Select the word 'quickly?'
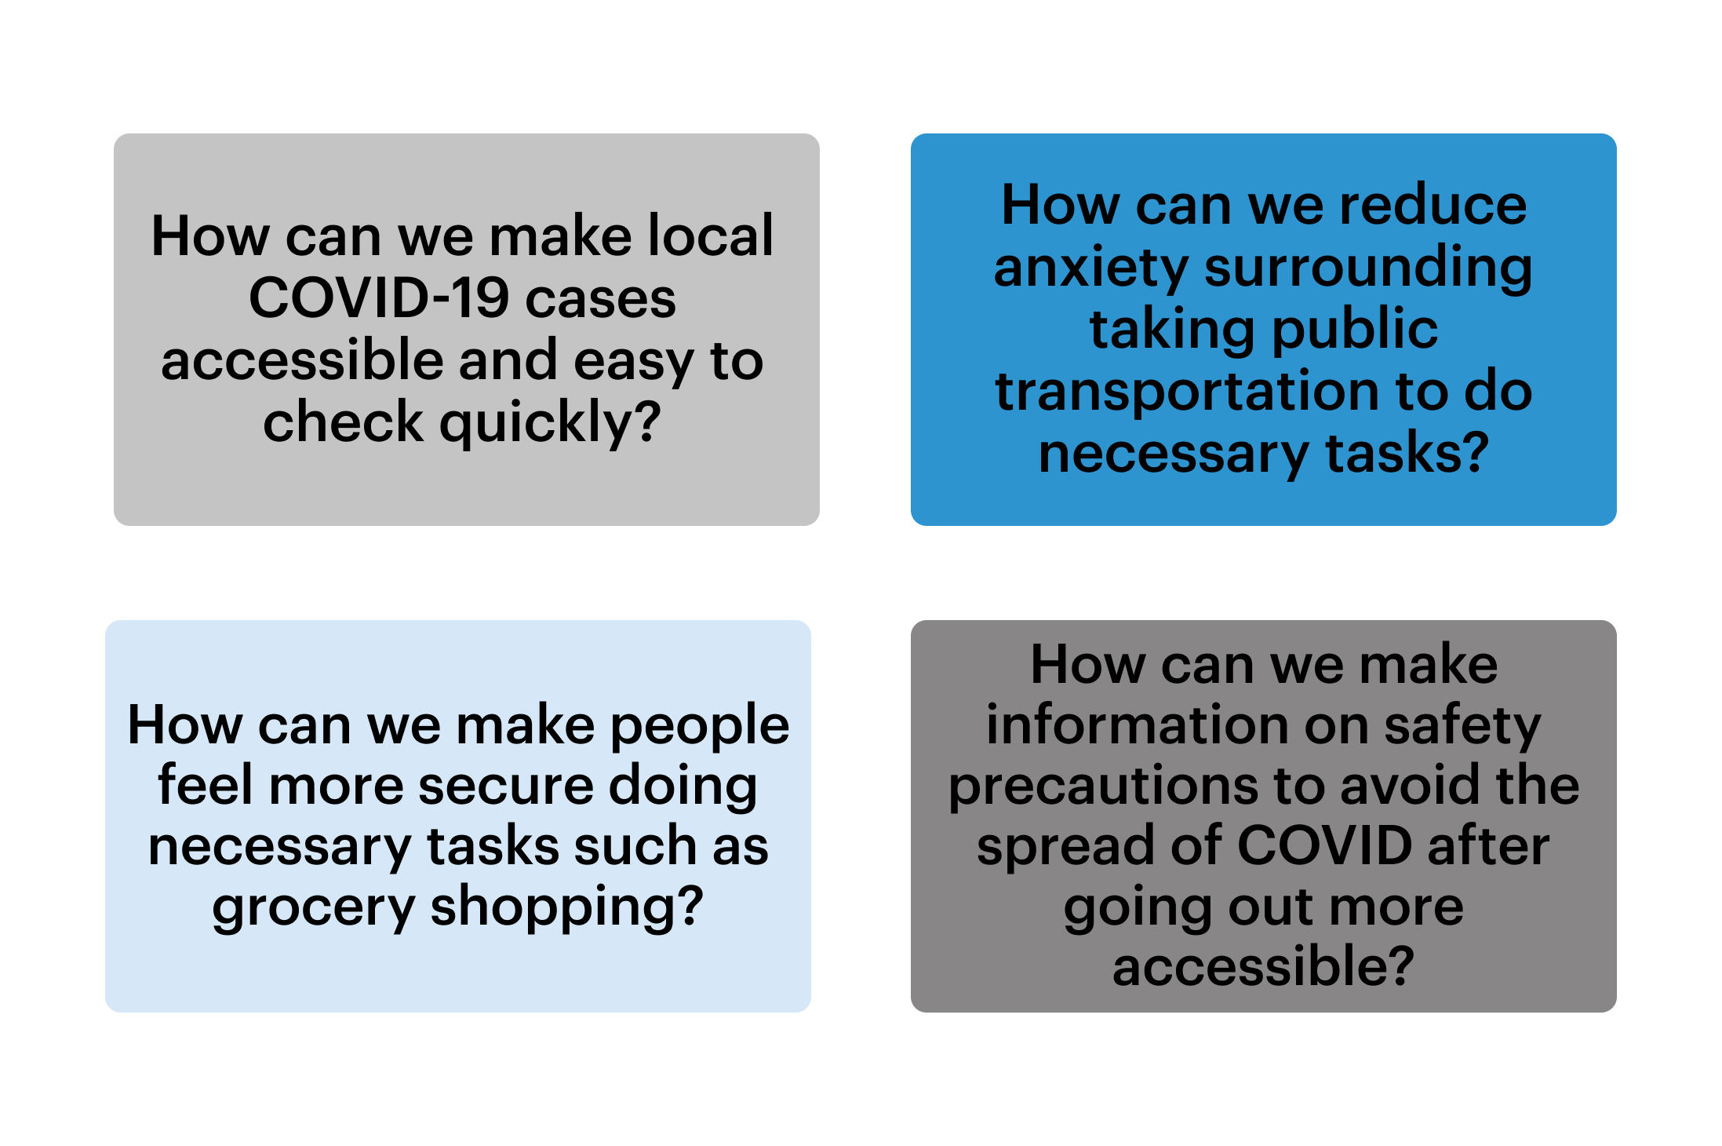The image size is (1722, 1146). pos(550,424)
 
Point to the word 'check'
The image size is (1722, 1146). pos(343,422)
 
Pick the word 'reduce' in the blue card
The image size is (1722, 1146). pos(1433,206)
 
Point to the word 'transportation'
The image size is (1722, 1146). pos(1186,392)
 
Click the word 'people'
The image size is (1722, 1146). pos(700,726)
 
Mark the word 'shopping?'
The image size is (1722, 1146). pos(566,907)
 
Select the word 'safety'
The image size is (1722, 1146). pos(1462,726)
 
